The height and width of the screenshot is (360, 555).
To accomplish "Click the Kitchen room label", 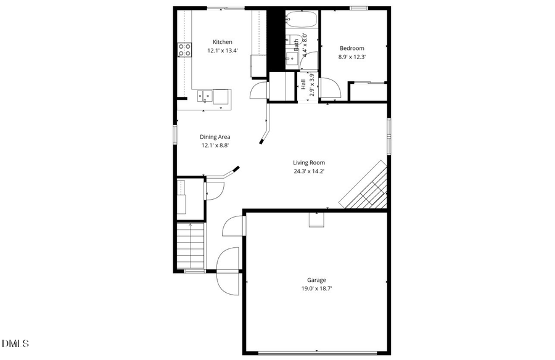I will [x=223, y=42].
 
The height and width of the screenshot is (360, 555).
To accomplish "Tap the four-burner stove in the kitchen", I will [x=184, y=50].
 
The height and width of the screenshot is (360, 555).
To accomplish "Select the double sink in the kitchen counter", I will [x=205, y=96].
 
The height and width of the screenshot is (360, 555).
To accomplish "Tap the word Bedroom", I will [x=352, y=48].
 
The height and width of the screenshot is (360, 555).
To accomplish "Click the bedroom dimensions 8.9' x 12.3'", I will [x=352, y=57].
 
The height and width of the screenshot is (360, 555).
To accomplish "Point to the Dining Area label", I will [x=215, y=137].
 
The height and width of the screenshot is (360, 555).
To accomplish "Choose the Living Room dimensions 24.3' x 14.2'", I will [x=308, y=171].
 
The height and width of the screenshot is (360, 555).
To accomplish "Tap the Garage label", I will [x=316, y=280].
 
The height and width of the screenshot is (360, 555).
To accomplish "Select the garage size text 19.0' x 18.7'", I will [x=316, y=288].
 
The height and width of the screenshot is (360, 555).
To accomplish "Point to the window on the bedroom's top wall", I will [x=359, y=8].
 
